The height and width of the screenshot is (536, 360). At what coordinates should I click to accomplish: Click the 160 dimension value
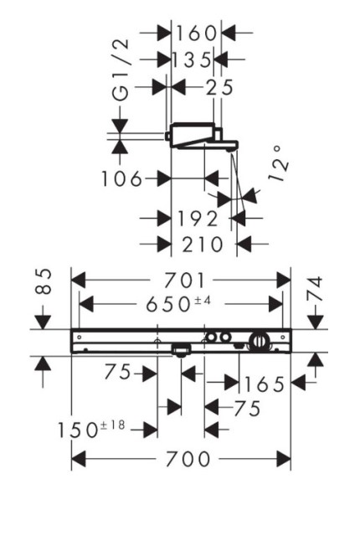point(196,33)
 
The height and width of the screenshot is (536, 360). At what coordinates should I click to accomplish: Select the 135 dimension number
point(191,59)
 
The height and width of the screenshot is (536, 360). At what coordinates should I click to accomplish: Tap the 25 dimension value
point(219,87)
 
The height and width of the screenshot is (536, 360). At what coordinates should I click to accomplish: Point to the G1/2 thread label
point(121,70)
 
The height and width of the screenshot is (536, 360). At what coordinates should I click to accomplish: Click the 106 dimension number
point(121,178)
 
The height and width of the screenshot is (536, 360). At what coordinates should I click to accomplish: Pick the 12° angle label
point(278,164)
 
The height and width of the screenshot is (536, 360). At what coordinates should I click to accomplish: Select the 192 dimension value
point(197,219)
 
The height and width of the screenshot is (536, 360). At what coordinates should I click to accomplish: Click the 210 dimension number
point(203,245)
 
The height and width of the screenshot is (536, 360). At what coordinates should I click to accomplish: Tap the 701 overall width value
point(184,281)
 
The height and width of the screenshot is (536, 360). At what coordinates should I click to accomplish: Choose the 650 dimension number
point(167,304)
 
